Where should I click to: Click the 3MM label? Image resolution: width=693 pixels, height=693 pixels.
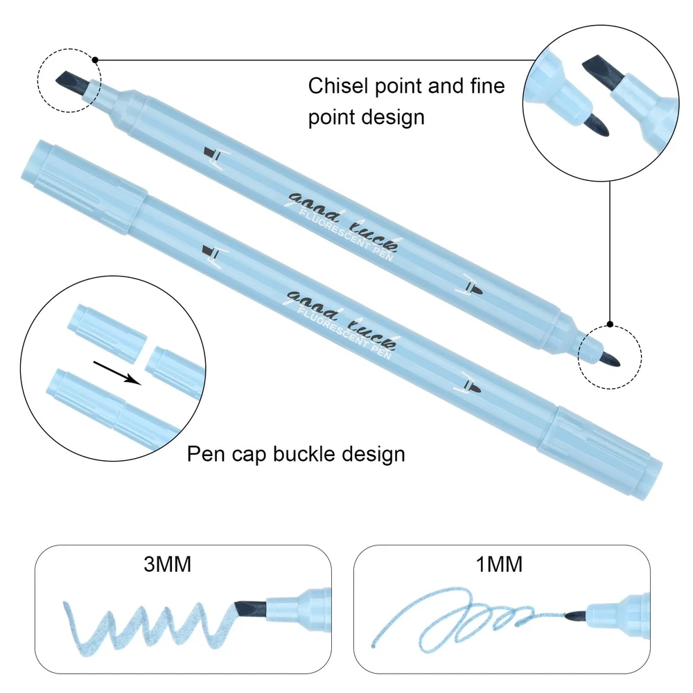click(x=167, y=565)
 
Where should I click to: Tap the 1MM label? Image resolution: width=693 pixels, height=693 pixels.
click(x=499, y=565)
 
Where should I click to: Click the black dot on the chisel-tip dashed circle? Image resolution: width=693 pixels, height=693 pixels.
click(x=95, y=60)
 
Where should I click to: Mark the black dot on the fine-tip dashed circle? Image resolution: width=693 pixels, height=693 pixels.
click(x=610, y=324)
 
